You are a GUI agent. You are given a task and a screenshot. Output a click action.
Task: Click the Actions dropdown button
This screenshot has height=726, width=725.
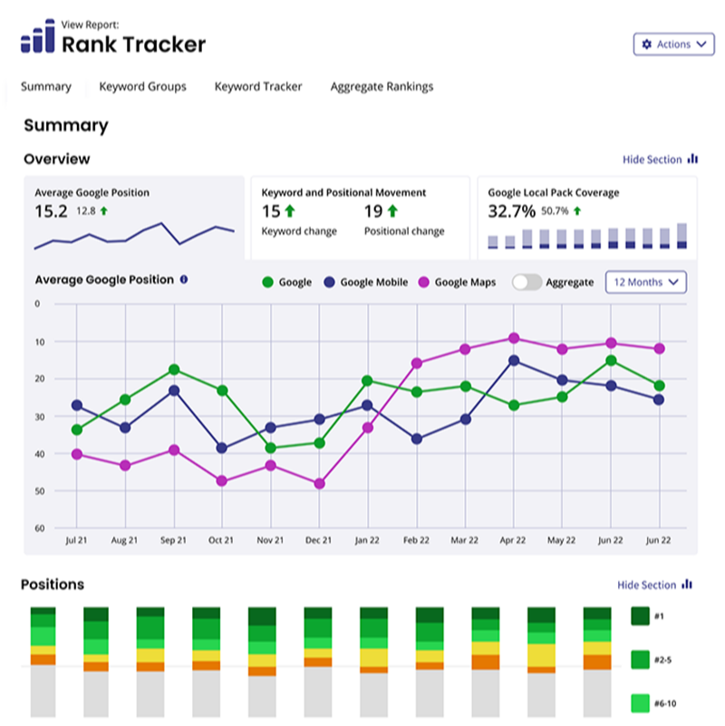[x=673, y=44]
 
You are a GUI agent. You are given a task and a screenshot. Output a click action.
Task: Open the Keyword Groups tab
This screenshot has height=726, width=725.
[x=142, y=87]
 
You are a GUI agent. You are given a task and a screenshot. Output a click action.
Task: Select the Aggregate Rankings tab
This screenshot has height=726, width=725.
[x=382, y=87]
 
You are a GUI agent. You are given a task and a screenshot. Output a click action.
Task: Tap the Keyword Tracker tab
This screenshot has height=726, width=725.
[x=258, y=87]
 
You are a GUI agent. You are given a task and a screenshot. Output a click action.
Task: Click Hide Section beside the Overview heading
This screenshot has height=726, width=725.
[x=659, y=160]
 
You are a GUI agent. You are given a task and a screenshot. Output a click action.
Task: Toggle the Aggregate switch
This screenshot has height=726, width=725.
[x=527, y=283]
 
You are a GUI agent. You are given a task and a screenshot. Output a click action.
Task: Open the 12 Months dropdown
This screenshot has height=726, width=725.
[x=645, y=283]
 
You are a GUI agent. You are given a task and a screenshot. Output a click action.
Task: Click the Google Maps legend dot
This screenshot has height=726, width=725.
[x=423, y=283]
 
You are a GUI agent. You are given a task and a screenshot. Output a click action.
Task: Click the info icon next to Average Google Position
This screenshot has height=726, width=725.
[x=184, y=280]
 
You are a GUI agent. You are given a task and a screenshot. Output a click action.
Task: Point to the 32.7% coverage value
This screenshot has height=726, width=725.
[x=511, y=212]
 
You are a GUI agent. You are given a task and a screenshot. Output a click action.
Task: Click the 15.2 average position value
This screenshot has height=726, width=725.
[x=51, y=212]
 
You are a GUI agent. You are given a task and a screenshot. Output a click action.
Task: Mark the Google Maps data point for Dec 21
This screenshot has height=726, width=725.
[x=319, y=484]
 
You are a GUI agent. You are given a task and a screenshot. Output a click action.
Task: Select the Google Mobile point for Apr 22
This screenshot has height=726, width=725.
[x=514, y=361]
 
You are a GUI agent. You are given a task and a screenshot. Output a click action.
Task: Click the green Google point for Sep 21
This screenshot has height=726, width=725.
[x=173, y=370]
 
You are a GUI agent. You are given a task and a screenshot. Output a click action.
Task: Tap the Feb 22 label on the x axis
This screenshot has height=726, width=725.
[x=416, y=540]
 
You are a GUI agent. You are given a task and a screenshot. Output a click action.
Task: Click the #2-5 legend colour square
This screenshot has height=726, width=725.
[x=640, y=659]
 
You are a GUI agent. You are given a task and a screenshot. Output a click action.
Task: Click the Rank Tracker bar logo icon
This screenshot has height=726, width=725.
[x=38, y=39]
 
